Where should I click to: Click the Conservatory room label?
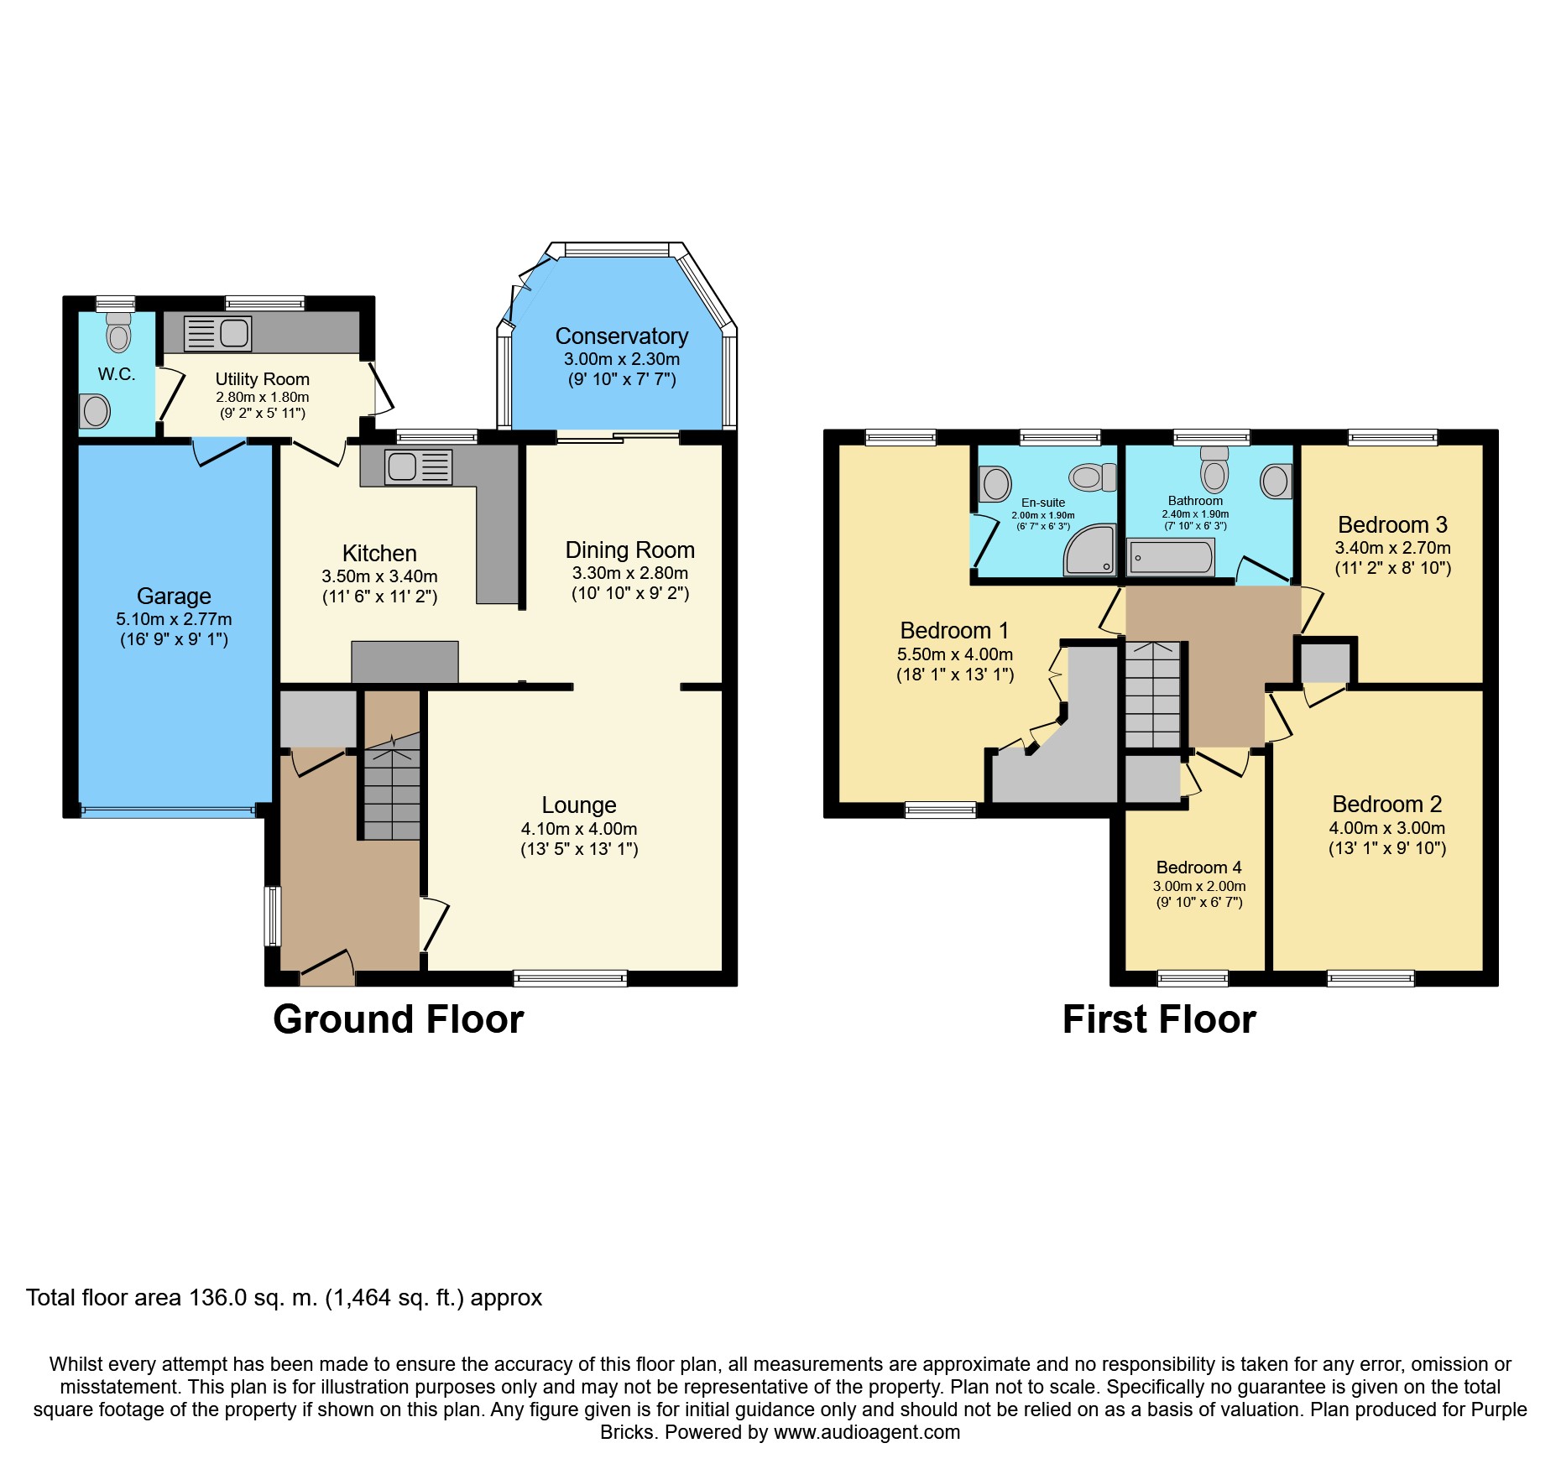pos(622,336)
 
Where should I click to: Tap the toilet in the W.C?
pos(119,332)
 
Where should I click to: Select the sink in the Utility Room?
pos(218,333)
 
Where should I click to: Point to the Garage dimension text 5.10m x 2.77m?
pos(174,619)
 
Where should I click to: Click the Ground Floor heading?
pos(399,1019)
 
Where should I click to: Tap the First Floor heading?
pos(1159,1019)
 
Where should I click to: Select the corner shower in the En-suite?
pos(1090,550)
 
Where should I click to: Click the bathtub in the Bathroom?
pos(1172,557)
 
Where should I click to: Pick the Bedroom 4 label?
pos(1198,867)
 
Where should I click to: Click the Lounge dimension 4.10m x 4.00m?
pos(579,829)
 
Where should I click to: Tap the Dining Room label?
pos(630,550)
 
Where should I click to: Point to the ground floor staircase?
pos(391,785)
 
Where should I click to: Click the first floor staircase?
pos(1153,695)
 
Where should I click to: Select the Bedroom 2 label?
pos(1387,805)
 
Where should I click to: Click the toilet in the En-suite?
pos(1093,477)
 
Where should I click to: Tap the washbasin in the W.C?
pos(95,411)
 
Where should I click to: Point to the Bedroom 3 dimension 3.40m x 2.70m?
pos(1393,548)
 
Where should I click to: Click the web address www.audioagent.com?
pos(867,1432)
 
